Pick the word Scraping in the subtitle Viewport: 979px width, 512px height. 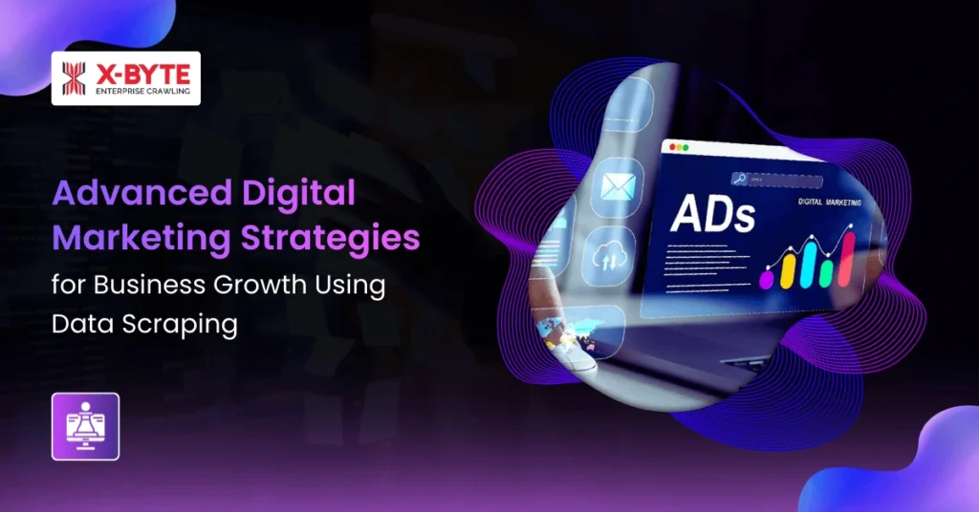[187, 324]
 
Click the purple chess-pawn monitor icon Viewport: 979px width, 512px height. [85, 426]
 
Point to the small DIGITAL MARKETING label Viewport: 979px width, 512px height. [828, 203]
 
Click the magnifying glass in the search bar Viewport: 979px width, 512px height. [740, 178]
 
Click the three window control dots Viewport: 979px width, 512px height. [678, 147]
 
